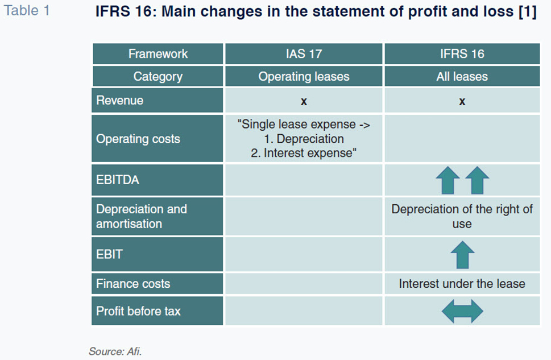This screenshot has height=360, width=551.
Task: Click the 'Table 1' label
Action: click(x=27, y=11)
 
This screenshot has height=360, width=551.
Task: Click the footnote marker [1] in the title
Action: click(x=528, y=11)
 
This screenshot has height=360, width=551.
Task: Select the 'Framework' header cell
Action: click(x=158, y=54)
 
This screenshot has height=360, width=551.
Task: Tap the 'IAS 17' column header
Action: click(x=304, y=54)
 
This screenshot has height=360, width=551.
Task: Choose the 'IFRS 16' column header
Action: click(x=462, y=54)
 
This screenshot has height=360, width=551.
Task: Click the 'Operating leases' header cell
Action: click(x=304, y=76)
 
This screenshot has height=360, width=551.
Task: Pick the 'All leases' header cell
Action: click(x=462, y=76)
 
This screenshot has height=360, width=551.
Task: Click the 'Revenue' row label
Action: click(x=120, y=100)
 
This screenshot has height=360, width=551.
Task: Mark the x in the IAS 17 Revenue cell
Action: click(x=304, y=102)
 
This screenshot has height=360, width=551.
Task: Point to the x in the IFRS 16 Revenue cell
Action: click(x=462, y=102)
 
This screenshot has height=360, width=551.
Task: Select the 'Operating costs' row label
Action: click(x=138, y=139)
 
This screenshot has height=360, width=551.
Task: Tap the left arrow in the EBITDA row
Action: click(x=448, y=180)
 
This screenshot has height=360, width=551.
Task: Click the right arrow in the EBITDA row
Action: click(x=477, y=180)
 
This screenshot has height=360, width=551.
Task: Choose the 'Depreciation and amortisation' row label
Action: click(x=142, y=216)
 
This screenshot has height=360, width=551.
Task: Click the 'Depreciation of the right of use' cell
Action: click(x=462, y=216)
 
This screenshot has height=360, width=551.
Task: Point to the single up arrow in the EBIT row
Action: click(x=462, y=255)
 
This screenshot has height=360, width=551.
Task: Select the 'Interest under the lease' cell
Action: click(x=462, y=284)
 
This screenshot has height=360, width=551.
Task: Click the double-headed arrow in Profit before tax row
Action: click(x=462, y=311)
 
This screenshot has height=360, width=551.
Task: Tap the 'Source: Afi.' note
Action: click(x=115, y=351)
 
